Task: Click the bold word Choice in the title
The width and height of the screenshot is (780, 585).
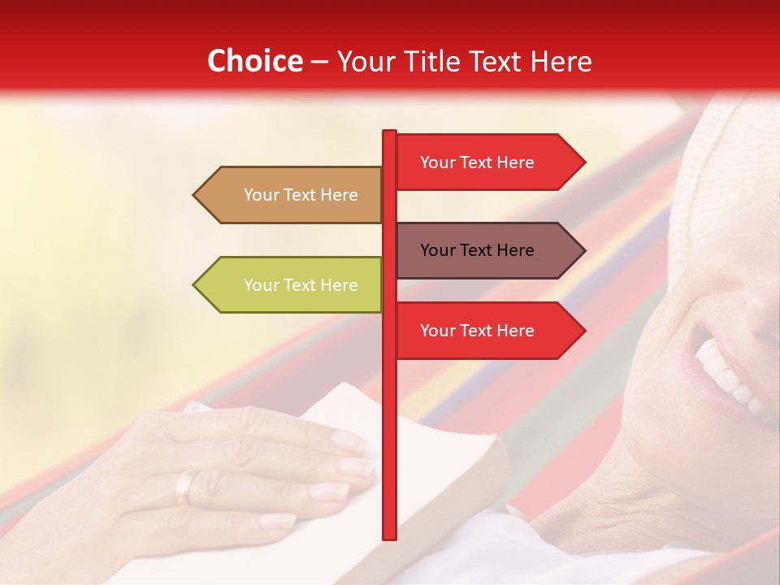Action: coord(254,62)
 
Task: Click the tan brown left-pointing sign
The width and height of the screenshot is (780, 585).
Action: coord(292,195)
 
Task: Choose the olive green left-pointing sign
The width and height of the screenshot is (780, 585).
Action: coord(292,285)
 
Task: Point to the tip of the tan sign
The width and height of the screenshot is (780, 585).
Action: coord(195,195)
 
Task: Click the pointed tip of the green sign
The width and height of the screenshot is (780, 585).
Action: coord(195,285)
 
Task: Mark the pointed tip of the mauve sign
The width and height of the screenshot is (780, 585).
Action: coord(583,250)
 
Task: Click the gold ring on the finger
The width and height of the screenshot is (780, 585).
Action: coord(185,486)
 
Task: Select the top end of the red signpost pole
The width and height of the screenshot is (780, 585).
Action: coord(389,132)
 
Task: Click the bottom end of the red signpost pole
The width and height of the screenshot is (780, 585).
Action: coord(389,536)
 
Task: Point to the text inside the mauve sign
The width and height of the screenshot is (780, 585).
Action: coord(477,250)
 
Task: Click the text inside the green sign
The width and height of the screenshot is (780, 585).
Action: coord(301,285)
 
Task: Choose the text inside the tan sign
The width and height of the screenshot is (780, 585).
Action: coord(301,195)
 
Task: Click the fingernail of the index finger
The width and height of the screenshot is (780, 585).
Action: coord(349,441)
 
